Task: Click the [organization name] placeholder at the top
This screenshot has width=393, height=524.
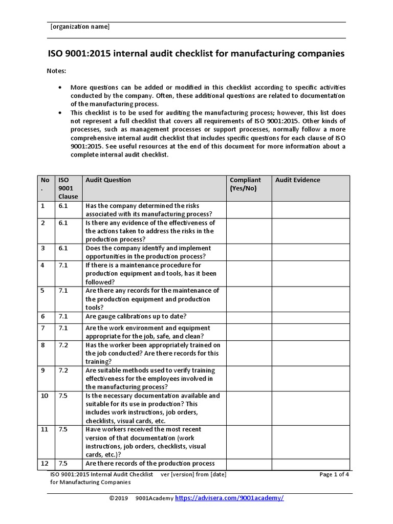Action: pyautogui.click(x=79, y=27)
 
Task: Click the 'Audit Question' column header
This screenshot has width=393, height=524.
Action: pyautogui.click(x=108, y=180)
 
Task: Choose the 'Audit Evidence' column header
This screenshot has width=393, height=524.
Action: pyautogui.click(x=297, y=180)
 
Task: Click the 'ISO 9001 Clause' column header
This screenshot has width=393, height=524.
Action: pyautogui.click(x=68, y=188)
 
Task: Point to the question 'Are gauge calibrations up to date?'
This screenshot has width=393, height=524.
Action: pyautogui.click(x=136, y=316)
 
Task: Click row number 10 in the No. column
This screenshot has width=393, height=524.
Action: pyautogui.click(x=45, y=396)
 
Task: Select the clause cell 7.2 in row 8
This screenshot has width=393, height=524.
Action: pyautogui.click(x=63, y=345)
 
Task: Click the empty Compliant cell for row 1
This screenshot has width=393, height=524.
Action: pyautogui.click(x=249, y=210)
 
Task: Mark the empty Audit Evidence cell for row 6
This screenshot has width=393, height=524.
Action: pyautogui.click(x=311, y=317)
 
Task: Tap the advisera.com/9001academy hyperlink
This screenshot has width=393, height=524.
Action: pyautogui.click(x=229, y=498)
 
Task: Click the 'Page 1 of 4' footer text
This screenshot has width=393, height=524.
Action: pyautogui.click(x=334, y=474)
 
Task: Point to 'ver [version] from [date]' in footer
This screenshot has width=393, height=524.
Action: pyautogui.click(x=193, y=474)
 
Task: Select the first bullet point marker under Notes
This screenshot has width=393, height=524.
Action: pyautogui.click(x=61, y=88)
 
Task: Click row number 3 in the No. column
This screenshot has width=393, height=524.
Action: pyautogui.click(x=43, y=248)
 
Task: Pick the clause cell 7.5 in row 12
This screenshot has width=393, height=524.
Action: pyautogui.click(x=63, y=464)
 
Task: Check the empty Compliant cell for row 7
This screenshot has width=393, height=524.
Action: pyautogui.click(x=249, y=333)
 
